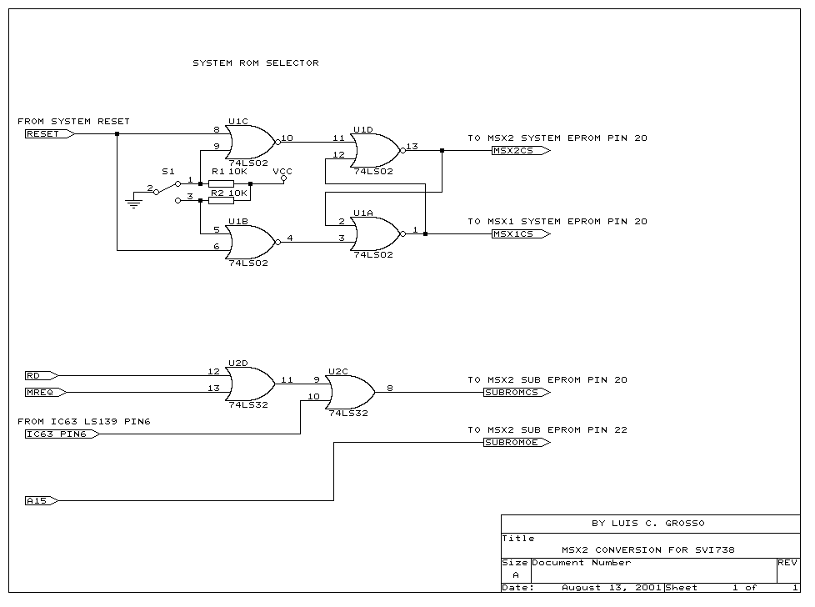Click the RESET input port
tap(46, 133)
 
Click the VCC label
tap(282, 170)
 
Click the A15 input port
tap(41, 501)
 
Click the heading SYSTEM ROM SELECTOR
tap(256, 63)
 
